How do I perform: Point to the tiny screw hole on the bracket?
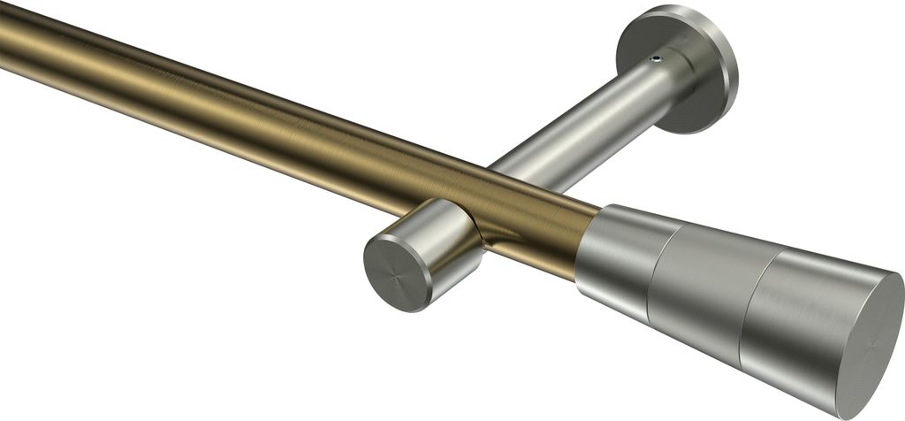[x=655, y=58]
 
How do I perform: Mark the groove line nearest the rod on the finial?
[x=658, y=274]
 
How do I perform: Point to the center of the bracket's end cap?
[x=397, y=272]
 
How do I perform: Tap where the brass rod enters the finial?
[x=589, y=243]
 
